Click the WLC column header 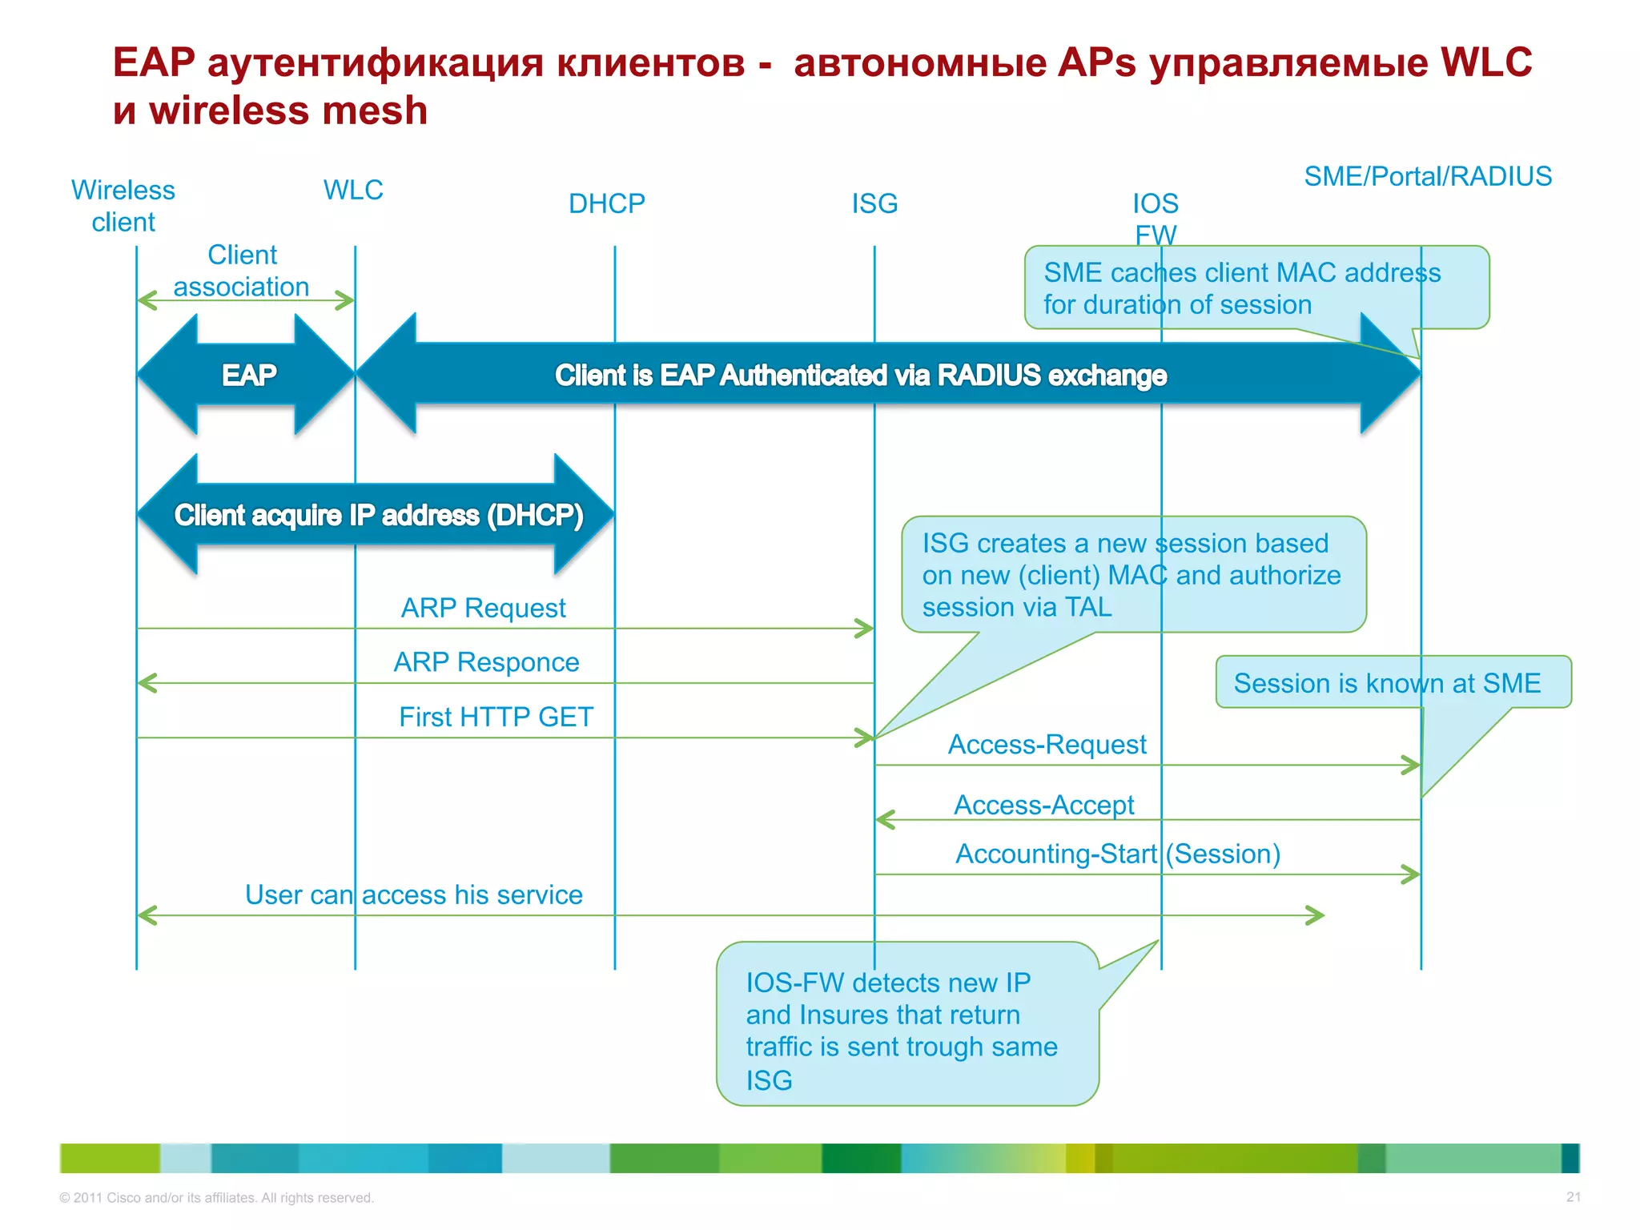[x=353, y=190]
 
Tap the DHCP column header [x=606, y=203]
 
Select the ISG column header [x=874, y=203]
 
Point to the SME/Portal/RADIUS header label [x=1427, y=176]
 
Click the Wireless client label [x=123, y=206]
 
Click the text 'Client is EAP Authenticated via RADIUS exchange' [x=860, y=375]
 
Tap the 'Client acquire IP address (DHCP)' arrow [x=378, y=515]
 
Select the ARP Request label [x=483, y=608]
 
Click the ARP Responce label [x=486, y=662]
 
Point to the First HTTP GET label [x=496, y=717]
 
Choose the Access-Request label [x=1047, y=745]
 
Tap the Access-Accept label [x=1043, y=805]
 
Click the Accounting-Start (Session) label [x=1117, y=854]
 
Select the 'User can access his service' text [x=413, y=894]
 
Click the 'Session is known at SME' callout [x=1387, y=683]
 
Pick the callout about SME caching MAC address [x=1241, y=288]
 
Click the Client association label [x=242, y=271]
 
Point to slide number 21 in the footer [x=1573, y=1197]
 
